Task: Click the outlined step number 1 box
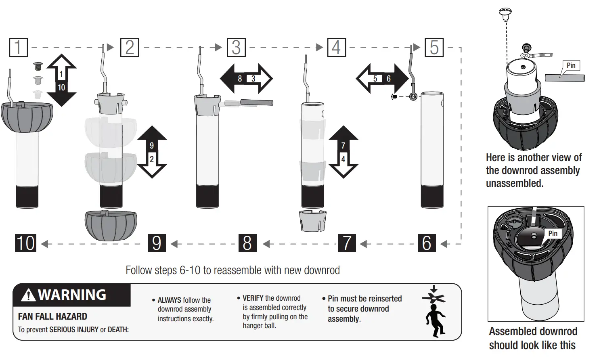[x=19, y=47]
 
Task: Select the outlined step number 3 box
[x=236, y=47]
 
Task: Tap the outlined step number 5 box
[x=434, y=47]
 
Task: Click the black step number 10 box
[x=25, y=243]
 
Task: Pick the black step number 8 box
[x=247, y=243]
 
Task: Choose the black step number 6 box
[x=427, y=243]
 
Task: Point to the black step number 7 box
[x=347, y=243]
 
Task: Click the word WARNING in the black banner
[x=72, y=295]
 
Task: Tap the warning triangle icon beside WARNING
[x=28, y=295]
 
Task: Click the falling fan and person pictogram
[x=434, y=312]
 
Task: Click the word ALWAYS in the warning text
[x=169, y=300]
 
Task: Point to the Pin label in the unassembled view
[x=571, y=66]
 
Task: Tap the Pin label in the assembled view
[x=553, y=234]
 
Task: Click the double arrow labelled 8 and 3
[x=246, y=79]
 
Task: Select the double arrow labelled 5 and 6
[x=382, y=79]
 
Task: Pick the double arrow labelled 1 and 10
[x=61, y=80]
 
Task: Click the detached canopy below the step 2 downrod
[x=111, y=225]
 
